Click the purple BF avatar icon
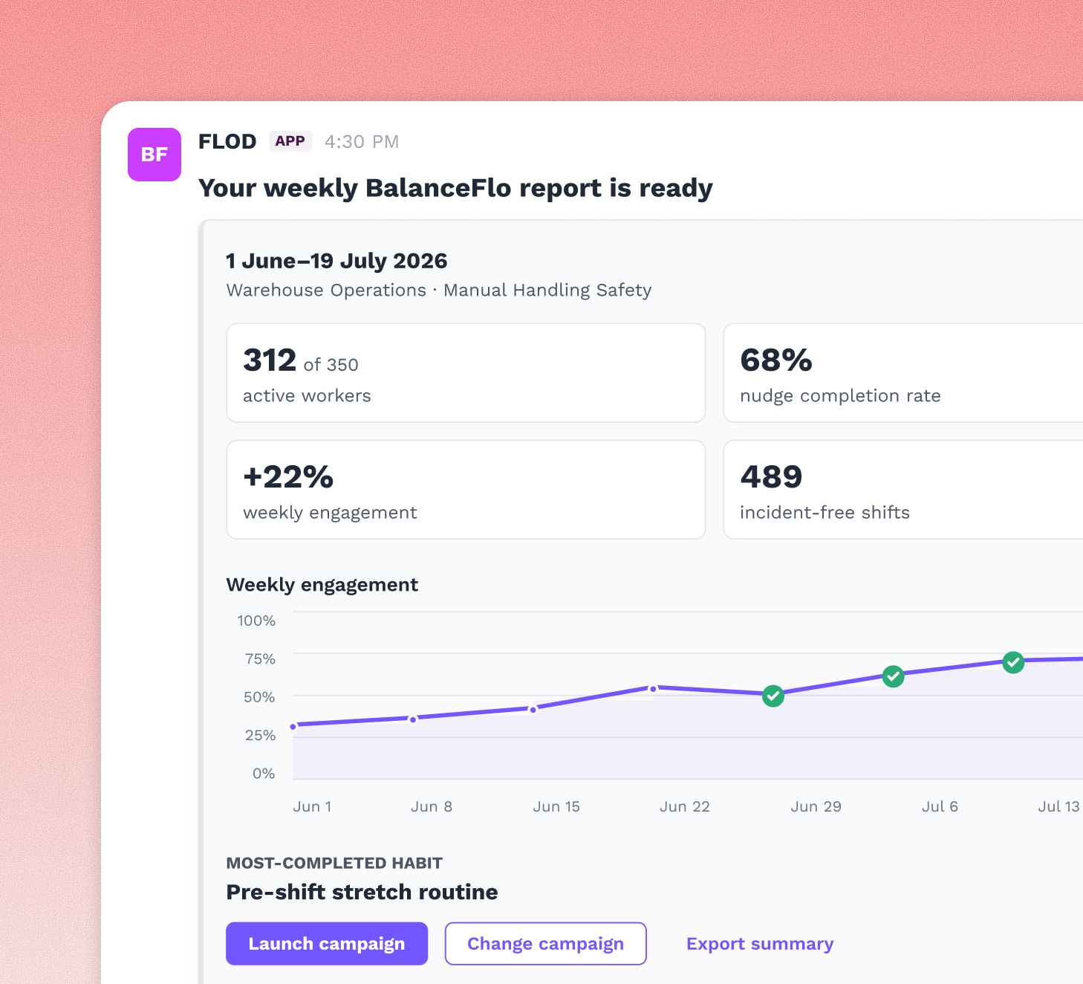[154, 154]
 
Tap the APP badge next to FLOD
[290, 141]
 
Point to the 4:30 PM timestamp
[361, 141]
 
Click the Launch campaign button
[327, 943]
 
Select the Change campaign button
[545, 943]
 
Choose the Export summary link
[760, 943]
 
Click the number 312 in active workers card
[270, 360]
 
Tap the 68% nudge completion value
[775, 360]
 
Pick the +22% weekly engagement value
[288, 476]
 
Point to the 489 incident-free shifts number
[771, 476]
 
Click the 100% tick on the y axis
[256, 621]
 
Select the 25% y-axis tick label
[260, 735]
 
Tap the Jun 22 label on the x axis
[685, 806]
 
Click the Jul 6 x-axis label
[940, 806]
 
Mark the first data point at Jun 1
[293, 727]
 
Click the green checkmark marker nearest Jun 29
[773, 696]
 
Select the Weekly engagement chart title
[322, 585]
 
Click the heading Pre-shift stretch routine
[362, 892]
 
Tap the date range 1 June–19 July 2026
[336, 261]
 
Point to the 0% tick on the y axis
[264, 773]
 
